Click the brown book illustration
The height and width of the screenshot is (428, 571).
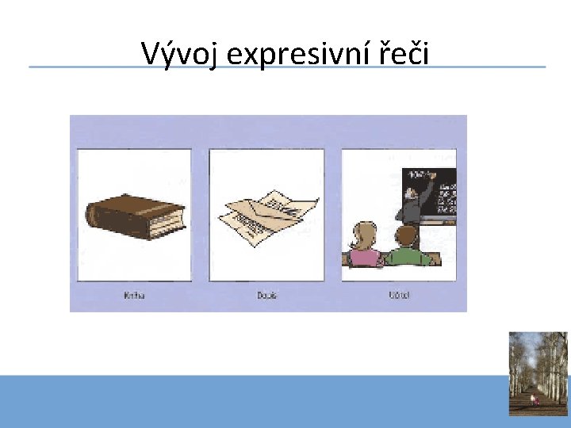(x=135, y=215)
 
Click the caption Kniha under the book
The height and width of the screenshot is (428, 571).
(x=134, y=296)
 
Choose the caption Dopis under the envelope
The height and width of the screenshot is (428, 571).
(x=266, y=296)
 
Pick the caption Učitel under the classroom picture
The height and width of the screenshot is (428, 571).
(x=398, y=296)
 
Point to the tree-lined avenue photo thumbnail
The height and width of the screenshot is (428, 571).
(x=538, y=373)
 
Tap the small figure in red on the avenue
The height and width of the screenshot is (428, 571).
(x=535, y=400)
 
